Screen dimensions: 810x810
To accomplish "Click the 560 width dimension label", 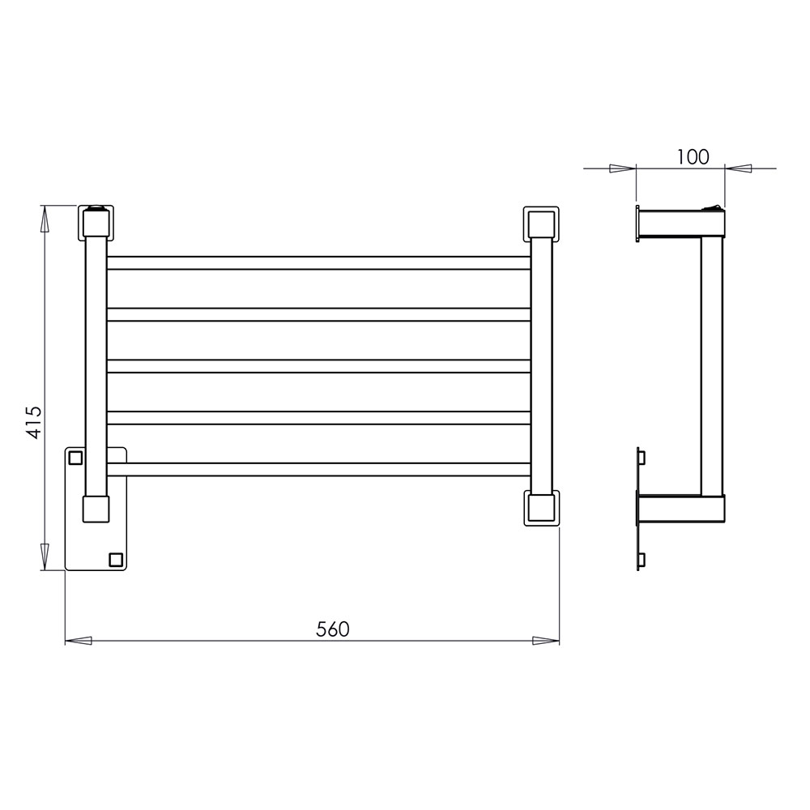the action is click(333, 629).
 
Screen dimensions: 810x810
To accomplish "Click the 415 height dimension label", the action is click(34, 422).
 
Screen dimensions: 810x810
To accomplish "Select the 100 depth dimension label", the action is click(693, 157).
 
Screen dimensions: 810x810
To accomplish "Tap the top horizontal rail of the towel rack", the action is click(318, 263).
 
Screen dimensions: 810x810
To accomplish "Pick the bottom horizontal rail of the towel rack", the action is click(318, 469).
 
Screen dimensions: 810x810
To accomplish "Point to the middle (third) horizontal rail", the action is click(318, 366).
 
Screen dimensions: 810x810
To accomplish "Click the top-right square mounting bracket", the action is click(541, 224).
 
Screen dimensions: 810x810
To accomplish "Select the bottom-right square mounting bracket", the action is click(541, 508).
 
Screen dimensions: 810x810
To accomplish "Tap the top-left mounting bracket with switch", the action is click(96, 223).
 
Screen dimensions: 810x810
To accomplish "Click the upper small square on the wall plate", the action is click(75, 457).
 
